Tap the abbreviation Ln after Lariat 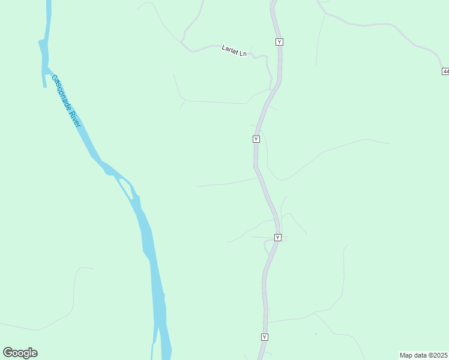point(243,53)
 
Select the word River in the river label point(76,119)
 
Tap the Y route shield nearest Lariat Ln point(279,41)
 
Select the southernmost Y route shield point(264,337)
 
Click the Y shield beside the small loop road point(277,238)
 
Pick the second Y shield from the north point(256,139)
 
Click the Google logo point(20,353)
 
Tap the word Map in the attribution point(406,355)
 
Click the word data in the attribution point(421,355)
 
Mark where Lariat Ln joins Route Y point(272,89)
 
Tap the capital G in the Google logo point(8,352)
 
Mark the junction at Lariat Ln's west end point(182,43)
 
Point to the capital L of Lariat point(223,48)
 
